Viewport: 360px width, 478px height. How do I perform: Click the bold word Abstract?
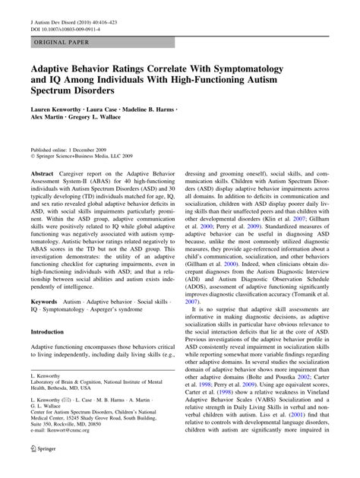click(43, 174)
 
